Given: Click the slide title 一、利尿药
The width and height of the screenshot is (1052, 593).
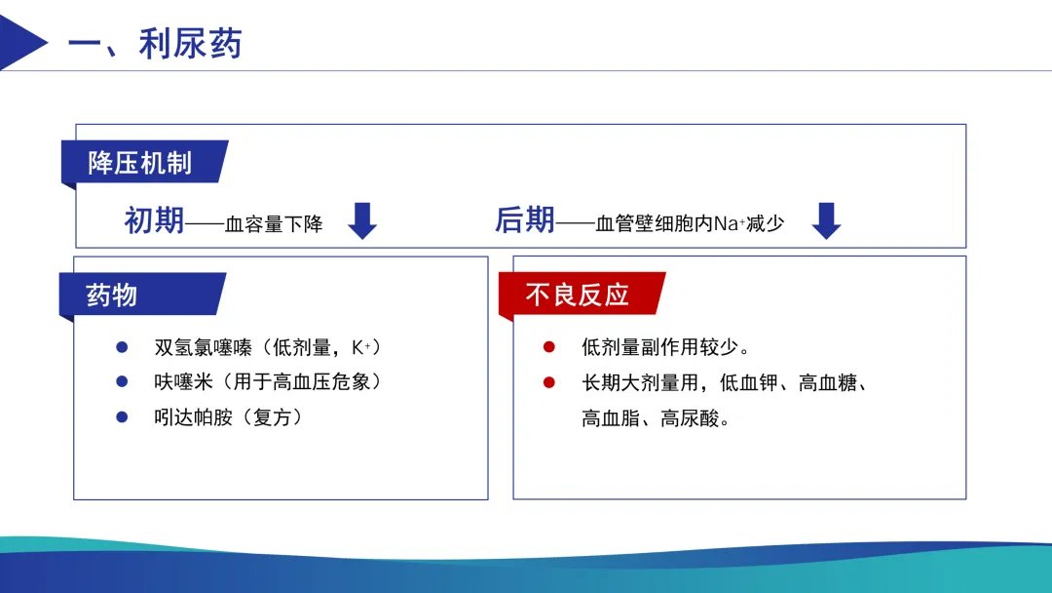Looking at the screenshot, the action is coord(155,44).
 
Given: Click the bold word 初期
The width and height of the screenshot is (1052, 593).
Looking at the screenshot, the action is coord(154,220).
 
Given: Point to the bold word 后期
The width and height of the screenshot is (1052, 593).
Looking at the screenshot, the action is coord(525,219).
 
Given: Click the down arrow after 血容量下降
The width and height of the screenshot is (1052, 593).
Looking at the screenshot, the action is coord(362,221).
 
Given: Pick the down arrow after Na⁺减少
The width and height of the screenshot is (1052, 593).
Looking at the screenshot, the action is coord(827,221).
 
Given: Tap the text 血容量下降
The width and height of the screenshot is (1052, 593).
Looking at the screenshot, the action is coord(274,223).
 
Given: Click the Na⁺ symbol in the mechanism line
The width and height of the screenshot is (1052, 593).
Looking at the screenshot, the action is coord(730,223).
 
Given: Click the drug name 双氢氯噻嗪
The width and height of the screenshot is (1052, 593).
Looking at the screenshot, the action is coord(204,347).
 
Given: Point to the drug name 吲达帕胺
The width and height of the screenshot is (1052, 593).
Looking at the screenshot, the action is coord(193,417).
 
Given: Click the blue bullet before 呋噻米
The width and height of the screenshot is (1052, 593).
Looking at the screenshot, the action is coord(122,381).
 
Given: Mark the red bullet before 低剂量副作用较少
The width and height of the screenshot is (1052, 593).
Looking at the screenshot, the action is coord(548,347).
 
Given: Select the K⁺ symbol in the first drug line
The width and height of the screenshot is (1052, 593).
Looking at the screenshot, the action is coord(361,347).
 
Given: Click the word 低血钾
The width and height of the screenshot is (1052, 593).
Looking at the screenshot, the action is coord(749,382).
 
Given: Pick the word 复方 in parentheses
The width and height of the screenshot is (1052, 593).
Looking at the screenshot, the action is coord(273,417).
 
